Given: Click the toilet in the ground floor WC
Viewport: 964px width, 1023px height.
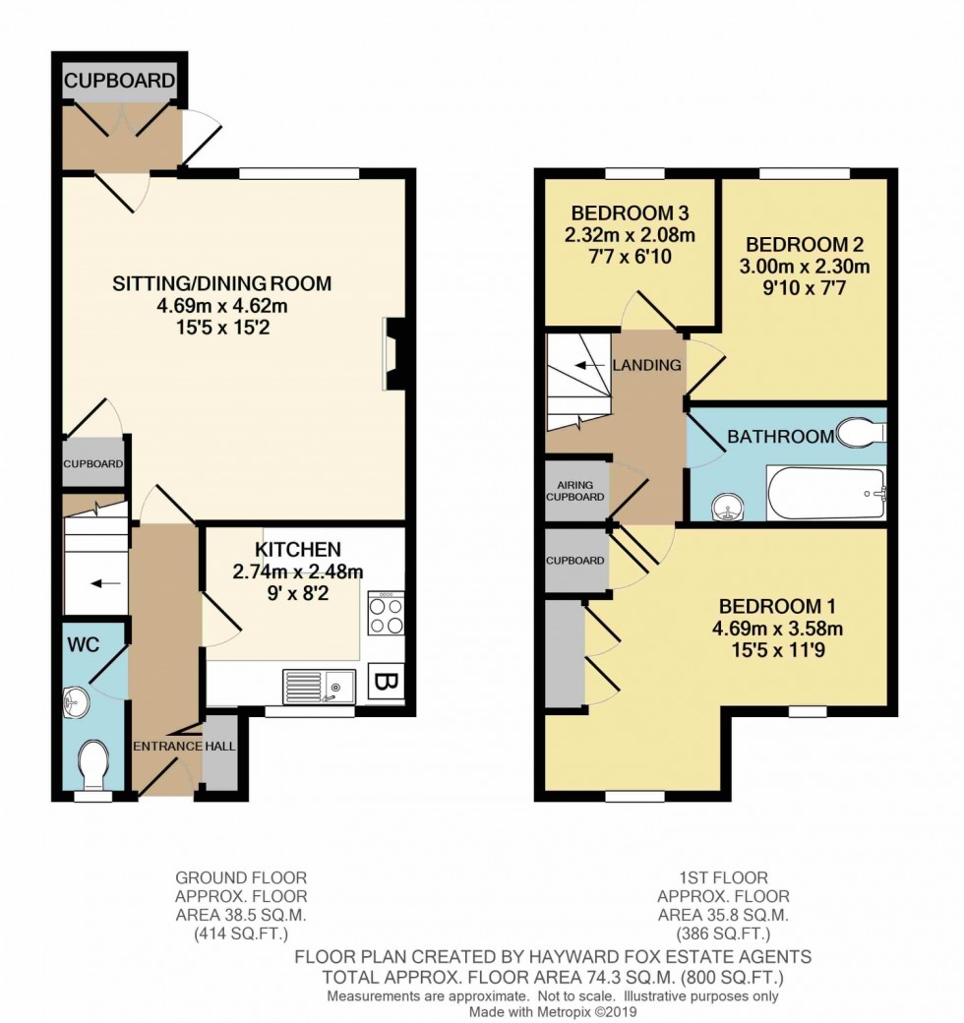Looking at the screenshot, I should (95, 764).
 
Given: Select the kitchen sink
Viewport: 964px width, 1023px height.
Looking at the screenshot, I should (318, 682).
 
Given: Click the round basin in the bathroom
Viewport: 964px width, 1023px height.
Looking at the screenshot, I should (727, 506).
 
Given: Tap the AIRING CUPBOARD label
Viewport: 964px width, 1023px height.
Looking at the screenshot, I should (576, 491).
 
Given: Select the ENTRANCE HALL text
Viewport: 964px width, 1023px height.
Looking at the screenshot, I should (185, 747).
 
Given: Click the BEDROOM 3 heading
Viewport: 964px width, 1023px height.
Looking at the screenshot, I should (630, 212).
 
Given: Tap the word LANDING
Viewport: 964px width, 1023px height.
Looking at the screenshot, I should (647, 365).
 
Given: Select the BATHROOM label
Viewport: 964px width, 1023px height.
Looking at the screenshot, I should (780, 437).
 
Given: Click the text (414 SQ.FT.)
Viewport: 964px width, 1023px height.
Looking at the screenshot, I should (241, 933).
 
